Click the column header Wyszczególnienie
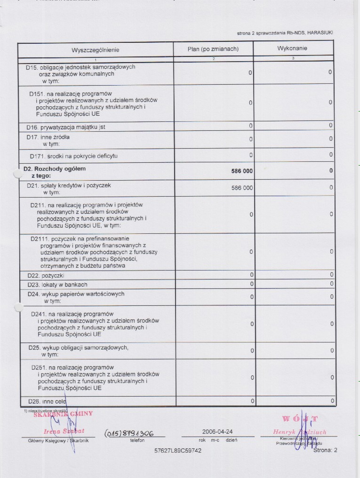click(96, 50)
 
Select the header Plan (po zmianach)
click(213, 49)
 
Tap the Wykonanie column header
click(293, 48)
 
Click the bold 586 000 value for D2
click(242, 171)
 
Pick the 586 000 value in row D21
click(242, 188)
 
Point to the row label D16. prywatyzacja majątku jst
click(66, 127)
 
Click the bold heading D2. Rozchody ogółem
click(55, 168)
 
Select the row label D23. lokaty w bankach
click(57, 285)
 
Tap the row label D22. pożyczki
click(46, 275)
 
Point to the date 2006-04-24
click(217, 431)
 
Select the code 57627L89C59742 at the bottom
click(178, 451)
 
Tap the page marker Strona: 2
click(325, 450)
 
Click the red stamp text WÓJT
click(300, 419)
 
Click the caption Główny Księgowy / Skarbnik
click(56, 441)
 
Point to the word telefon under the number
click(137, 441)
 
